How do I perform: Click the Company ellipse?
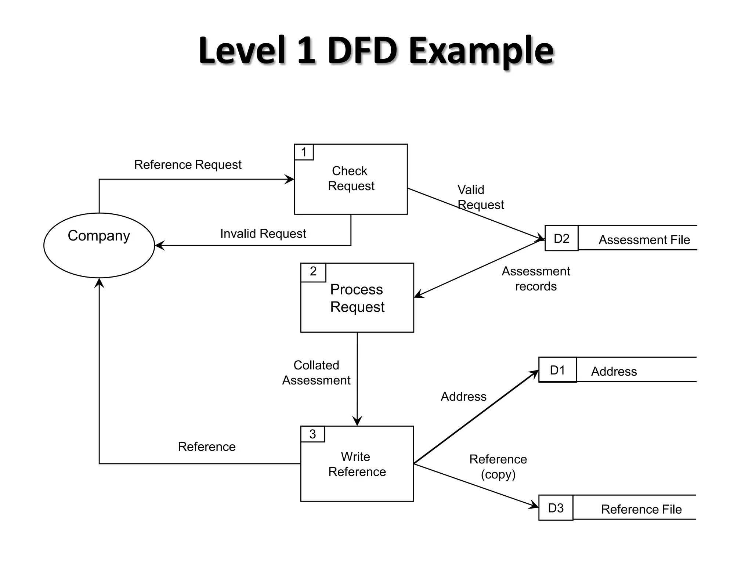pyautogui.click(x=99, y=245)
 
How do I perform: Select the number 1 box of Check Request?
pyautogui.click(x=304, y=152)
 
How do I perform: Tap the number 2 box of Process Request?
pyautogui.click(x=313, y=272)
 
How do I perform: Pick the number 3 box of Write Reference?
pyautogui.click(x=312, y=434)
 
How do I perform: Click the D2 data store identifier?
pyautogui.click(x=561, y=238)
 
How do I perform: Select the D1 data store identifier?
pyautogui.click(x=557, y=370)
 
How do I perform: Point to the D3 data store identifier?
pyautogui.click(x=556, y=508)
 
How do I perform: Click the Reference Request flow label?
pyautogui.click(x=188, y=164)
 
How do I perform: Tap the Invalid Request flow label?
pyautogui.click(x=263, y=234)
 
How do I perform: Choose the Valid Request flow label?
pyautogui.click(x=480, y=197)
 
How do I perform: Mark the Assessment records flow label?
pyautogui.click(x=536, y=279)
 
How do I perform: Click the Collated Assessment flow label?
pyautogui.click(x=316, y=373)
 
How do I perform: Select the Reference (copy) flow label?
pyautogui.click(x=498, y=467)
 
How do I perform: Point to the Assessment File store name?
pyautogui.click(x=644, y=240)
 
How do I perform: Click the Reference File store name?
pyautogui.click(x=641, y=509)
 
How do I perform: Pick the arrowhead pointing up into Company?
pyautogui.click(x=99, y=283)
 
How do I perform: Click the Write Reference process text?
pyautogui.click(x=357, y=464)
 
